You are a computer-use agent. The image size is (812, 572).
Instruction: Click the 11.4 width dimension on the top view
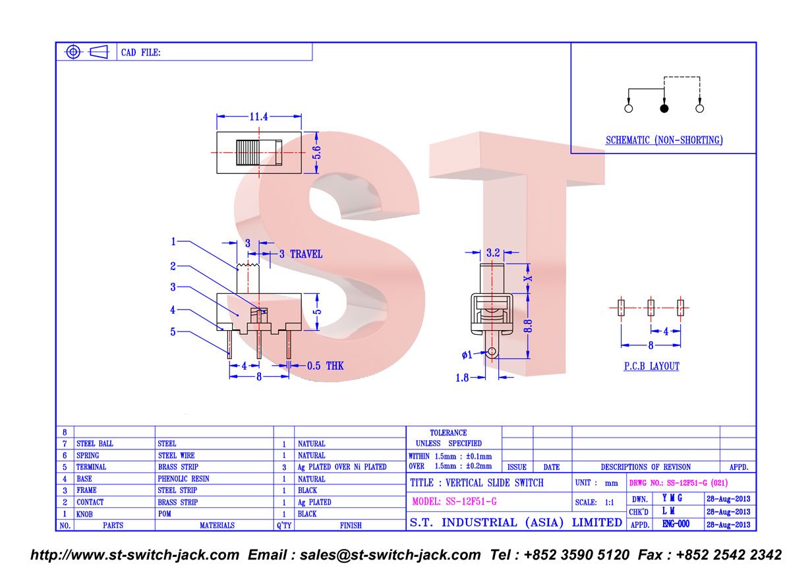tap(259, 117)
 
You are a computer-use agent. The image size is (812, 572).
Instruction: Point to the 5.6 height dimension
tap(317, 153)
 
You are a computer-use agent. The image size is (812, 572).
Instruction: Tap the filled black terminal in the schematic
tap(664, 108)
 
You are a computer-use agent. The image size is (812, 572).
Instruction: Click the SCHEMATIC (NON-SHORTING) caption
tap(664, 140)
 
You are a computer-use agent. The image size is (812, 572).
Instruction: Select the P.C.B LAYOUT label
tap(652, 366)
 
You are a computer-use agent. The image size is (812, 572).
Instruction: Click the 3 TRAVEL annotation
tap(301, 254)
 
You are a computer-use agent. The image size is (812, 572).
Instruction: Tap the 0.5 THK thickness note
tap(325, 366)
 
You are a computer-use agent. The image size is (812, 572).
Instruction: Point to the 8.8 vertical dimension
tap(528, 326)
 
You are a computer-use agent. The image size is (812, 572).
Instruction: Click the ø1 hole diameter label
tap(467, 355)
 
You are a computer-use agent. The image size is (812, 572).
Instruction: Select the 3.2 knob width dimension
tap(493, 252)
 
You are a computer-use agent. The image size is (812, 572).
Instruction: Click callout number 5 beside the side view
tap(173, 331)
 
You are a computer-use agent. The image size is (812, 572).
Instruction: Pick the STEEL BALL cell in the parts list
tap(95, 443)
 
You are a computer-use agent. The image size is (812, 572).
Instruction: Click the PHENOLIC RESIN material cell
tap(183, 479)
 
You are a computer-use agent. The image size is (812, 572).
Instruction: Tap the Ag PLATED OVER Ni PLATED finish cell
tap(342, 467)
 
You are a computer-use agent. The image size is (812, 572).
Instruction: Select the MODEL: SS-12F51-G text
tap(455, 501)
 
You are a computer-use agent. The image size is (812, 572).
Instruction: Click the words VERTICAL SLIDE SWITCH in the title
tap(494, 483)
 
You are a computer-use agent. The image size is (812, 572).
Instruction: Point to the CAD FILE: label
tap(140, 53)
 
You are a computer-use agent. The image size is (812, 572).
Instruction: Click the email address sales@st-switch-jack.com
tap(390, 555)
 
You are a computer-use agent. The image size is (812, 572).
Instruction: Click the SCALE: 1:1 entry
tap(594, 502)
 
